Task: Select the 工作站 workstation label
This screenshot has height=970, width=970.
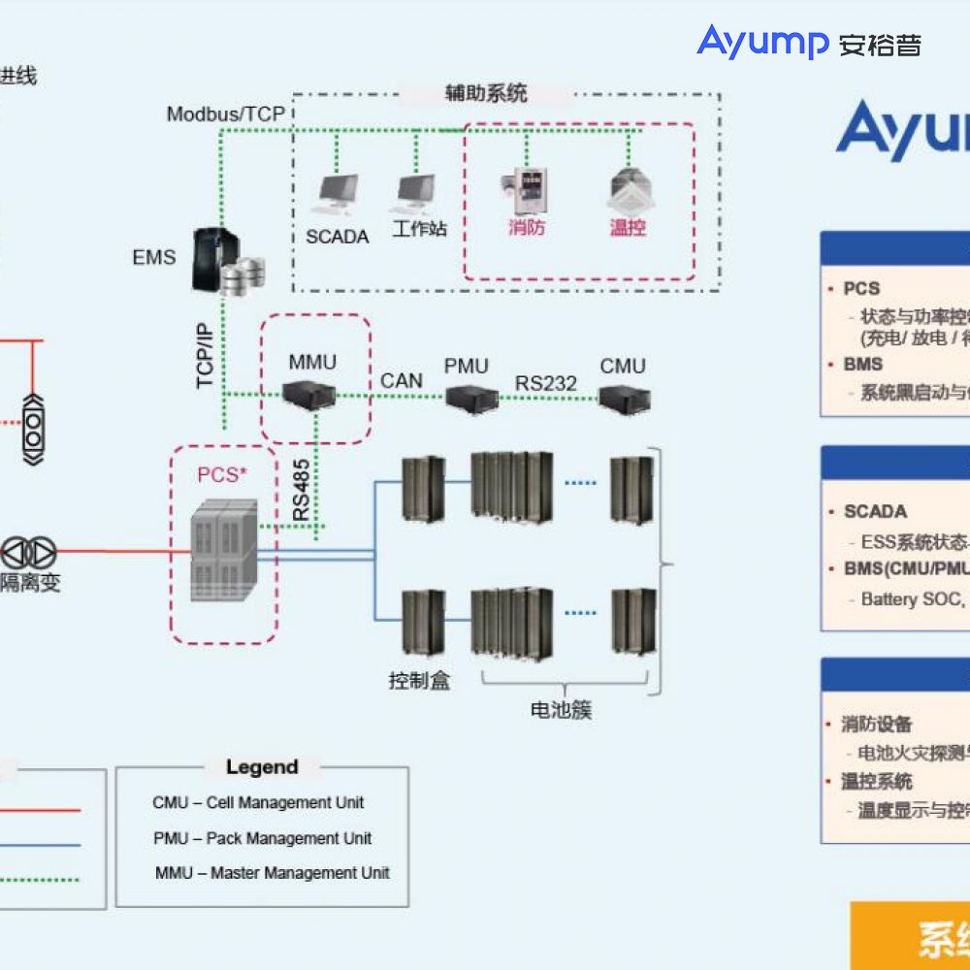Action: [x=419, y=230]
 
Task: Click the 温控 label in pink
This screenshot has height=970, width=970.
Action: [x=628, y=228]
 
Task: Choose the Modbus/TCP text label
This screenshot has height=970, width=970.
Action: [x=225, y=114]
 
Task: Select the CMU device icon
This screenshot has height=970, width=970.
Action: [x=624, y=397]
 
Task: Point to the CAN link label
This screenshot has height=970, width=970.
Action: [x=401, y=380]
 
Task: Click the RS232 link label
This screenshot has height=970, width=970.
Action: [x=545, y=382]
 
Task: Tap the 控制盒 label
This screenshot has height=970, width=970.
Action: [x=419, y=680]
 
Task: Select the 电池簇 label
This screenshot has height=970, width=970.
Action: [x=561, y=710]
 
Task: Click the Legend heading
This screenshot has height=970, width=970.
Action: [x=261, y=767]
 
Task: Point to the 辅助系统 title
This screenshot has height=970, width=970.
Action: [x=486, y=93]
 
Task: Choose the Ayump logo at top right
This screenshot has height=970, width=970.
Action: [x=808, y=42]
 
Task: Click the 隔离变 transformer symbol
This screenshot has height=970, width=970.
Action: [x=28, y=553]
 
